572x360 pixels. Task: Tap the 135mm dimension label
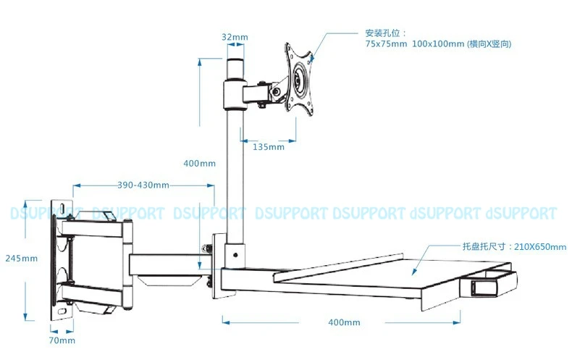269,147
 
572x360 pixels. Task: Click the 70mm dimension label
62,340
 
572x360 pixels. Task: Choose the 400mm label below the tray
343,322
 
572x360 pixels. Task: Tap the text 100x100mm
438,44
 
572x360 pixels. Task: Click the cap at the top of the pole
233,68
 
